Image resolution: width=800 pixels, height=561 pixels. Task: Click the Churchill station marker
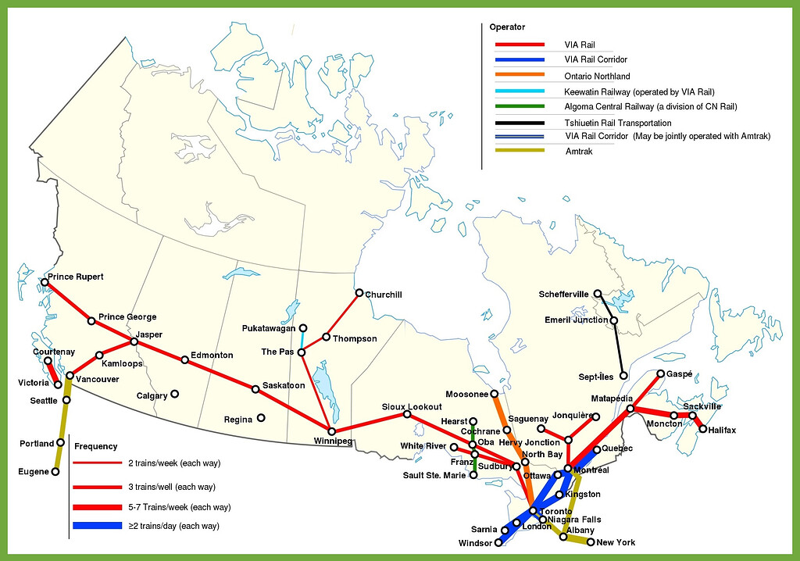point(359,293)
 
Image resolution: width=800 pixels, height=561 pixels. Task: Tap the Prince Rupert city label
point(76,277)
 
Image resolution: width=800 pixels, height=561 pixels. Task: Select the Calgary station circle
point(175,394)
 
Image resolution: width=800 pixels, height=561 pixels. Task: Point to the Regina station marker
point(261,417)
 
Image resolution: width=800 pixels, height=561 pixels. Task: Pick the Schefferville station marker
point(598,294)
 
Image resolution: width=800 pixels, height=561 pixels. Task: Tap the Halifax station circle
point(703,429)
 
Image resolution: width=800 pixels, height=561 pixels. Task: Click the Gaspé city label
point(680,374)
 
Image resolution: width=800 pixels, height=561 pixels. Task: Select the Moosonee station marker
point(495,393)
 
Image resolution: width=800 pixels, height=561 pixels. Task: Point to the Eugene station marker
point(55,471)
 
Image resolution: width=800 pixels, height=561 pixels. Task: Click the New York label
point(616,542)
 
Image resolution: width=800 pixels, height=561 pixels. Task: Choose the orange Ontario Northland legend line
point(520,76)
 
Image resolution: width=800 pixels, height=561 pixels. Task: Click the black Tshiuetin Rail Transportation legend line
point(520,123)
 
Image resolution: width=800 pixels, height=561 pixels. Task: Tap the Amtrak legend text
point(579,151)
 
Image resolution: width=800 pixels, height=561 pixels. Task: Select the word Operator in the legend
point(508,27)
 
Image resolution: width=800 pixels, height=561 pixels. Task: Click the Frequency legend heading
point(96,446)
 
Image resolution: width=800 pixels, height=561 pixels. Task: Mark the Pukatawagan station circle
point(303,327)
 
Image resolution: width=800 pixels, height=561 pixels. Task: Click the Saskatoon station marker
point(255,388)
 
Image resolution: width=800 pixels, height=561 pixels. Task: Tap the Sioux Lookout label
point(412,406)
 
